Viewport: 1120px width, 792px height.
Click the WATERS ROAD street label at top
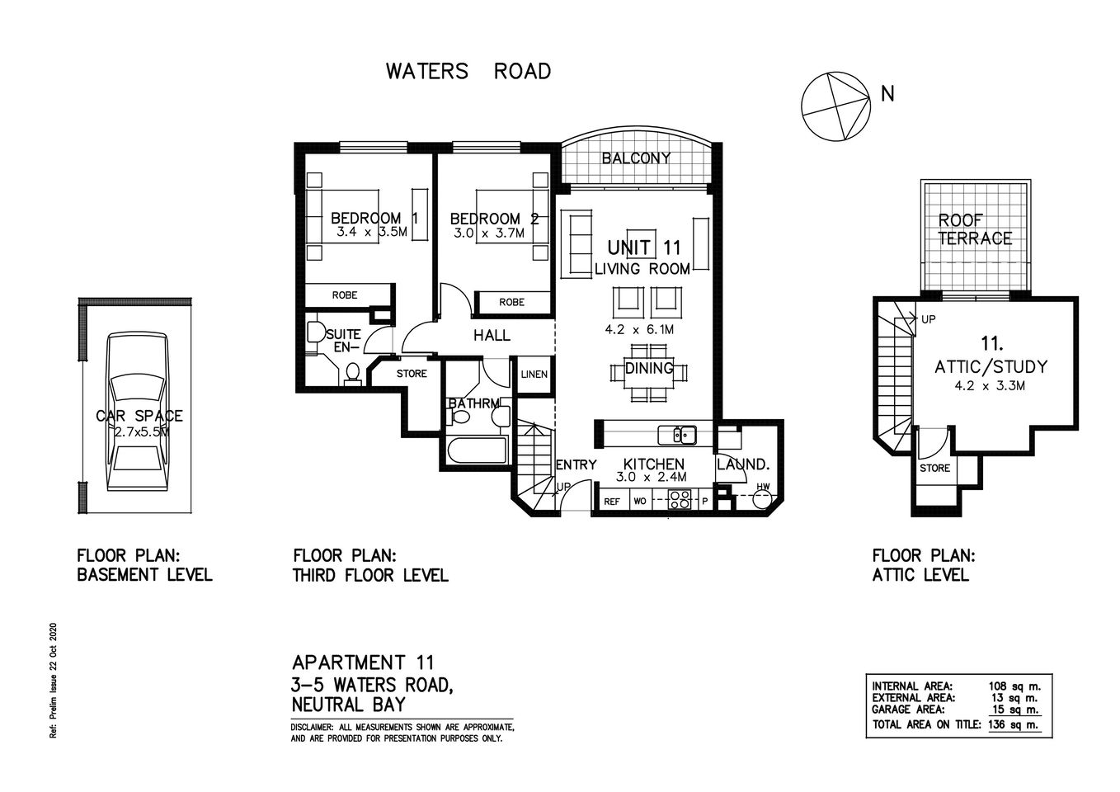pyautogui.click(x=468, y=72)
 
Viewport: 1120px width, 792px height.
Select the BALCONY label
pyautogui.click(x=635, y=158)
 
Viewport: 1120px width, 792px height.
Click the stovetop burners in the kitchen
pyautogui.click(x=680, y=499)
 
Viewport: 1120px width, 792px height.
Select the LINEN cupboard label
pyautogui.click(x=534, y=375)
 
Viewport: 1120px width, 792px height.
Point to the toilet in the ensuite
pyautogui.click(x=352, y=373)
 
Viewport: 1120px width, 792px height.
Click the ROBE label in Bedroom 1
pyautogui.click(x=344, y=295)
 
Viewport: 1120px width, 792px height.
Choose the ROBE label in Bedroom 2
pyautogui.click(x=511, y=303)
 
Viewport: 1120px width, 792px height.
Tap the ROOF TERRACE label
pyautogui.click(x=974, y=229)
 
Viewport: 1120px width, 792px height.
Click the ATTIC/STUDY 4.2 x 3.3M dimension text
pyautogui.click(x=991, y=385)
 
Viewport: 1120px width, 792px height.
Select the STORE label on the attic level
pyautogui.click(x=934, y=469)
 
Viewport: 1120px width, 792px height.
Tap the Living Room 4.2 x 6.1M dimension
pyautogui.click(x=638, y=329)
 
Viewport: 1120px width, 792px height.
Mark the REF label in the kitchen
pyautogui.click(x=612, y=501)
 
